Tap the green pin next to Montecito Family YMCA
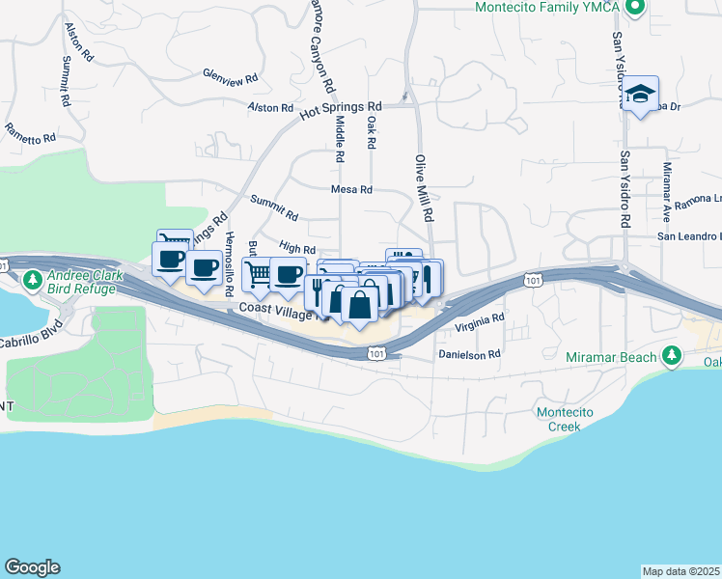(634, 9)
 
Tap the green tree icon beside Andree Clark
(31, 280)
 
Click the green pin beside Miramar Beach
(673, 357)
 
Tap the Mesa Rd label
(351, 190)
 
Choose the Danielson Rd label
(469, 354)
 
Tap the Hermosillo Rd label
(229, 263)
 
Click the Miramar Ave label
(666, 188)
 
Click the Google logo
(32, 567)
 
